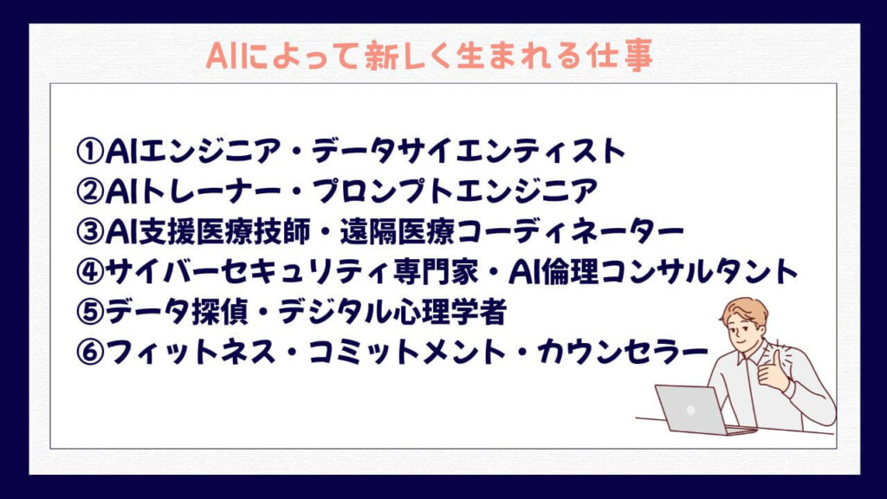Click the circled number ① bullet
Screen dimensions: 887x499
pyautogui.click(x=89, y=151)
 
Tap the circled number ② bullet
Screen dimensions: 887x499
pyautogui.click(x=89, y=191)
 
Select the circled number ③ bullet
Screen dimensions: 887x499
pyautogui.click(x=89, y=231)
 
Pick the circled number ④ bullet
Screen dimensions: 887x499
pyautogui.click(x=89, y=271)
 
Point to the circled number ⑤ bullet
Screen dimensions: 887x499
pyautogui.click(x=89, y=312)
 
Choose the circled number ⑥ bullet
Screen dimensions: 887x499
pyautogui.click(x=89, y=352)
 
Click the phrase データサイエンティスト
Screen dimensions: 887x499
pyautogui.click(x=469, y=151)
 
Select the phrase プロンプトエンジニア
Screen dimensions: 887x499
pyautogui.click(x=455, y=191)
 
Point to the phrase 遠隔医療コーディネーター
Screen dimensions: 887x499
pyautogui.click(x=512, y=231)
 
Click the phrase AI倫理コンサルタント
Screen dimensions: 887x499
pyautogui.click(x=653, y=271)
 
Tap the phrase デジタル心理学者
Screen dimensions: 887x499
pyautogui.click(x=392, y=312)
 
